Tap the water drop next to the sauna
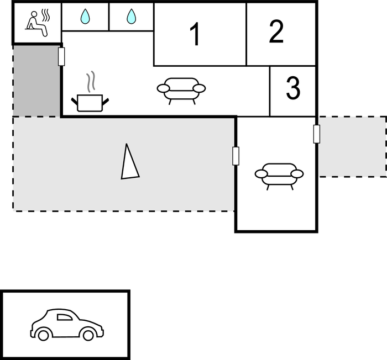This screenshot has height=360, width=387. (85, 17)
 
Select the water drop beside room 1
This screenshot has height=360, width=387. (131, 17)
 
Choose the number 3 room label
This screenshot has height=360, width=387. (293, 88)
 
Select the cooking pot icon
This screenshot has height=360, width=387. (90, 102)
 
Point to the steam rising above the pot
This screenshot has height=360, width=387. (92, 81)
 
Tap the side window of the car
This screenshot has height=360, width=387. (65, 317)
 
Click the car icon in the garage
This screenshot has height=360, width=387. (67, 325)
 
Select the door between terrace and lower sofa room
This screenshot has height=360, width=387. (236, 156)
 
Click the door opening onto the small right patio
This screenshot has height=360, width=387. (317, 134)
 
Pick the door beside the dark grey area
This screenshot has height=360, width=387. (61, 56)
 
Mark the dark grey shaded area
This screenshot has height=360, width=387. (36, 81)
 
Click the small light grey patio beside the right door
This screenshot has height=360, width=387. (352, 146)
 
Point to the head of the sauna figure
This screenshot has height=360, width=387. (33, 13)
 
